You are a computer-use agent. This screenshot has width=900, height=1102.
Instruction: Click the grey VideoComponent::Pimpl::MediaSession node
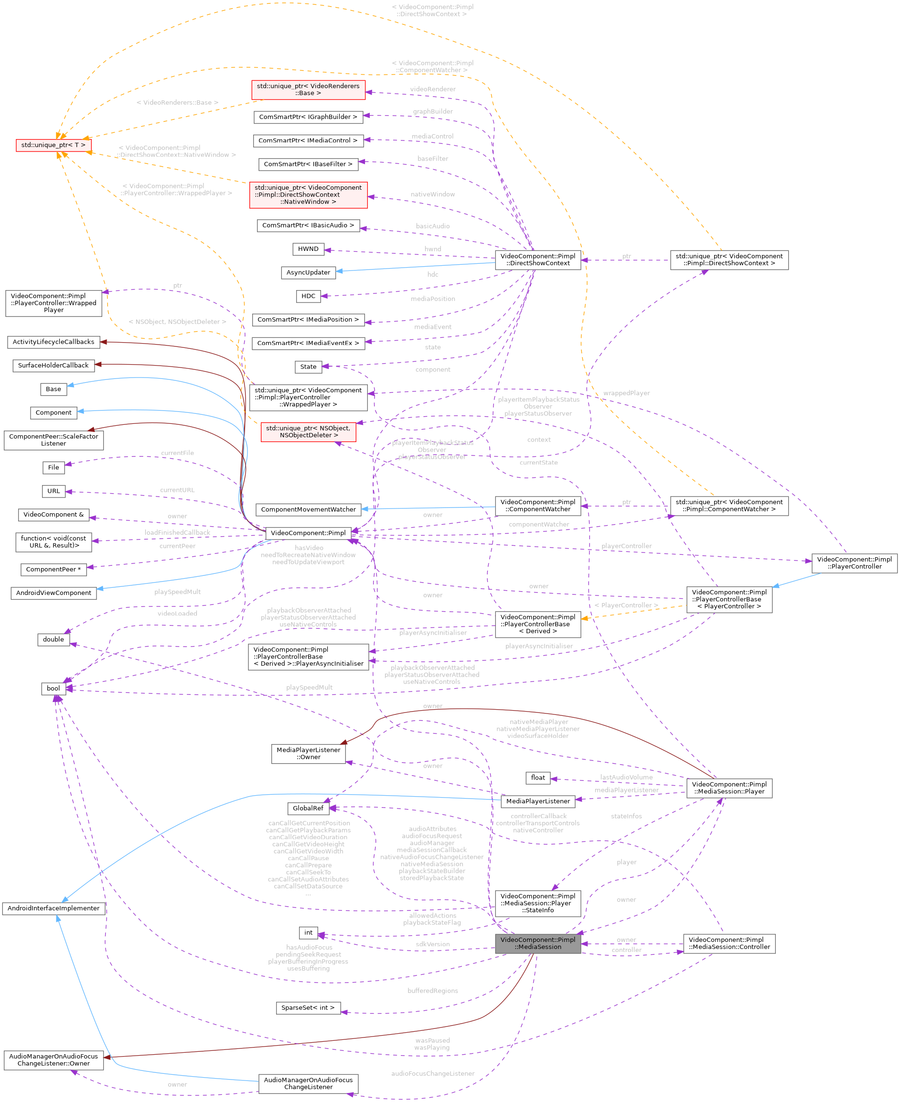537,943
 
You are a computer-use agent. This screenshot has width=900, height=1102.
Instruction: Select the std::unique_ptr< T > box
54,145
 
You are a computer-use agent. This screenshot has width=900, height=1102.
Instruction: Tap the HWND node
308,249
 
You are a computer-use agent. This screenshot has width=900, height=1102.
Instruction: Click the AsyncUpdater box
308,272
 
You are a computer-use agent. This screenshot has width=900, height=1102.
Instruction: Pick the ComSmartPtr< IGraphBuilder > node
308,117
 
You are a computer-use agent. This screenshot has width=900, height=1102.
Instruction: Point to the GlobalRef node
308,808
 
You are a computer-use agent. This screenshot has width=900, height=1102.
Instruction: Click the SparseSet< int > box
308,1007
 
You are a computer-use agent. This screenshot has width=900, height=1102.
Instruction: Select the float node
537,778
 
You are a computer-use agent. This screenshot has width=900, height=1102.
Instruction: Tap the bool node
54,688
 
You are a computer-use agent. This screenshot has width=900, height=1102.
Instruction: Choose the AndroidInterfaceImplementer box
54,908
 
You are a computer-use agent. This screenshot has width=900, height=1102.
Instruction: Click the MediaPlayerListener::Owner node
308,754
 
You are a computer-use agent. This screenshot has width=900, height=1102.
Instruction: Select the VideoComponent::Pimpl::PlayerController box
854,562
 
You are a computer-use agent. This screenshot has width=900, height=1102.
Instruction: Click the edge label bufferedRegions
432,991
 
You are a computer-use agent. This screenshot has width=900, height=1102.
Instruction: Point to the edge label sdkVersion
432,944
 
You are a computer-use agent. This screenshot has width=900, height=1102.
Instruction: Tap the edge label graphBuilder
432,111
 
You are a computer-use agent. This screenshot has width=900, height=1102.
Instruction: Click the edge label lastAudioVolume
626,777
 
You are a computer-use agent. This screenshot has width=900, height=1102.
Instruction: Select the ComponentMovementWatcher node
308,509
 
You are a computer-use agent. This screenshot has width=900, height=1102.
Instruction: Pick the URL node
54,491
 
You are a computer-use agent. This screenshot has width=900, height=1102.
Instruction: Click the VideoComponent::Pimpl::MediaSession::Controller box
729,943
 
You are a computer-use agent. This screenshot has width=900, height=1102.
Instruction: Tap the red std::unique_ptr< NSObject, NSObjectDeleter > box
308,432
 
